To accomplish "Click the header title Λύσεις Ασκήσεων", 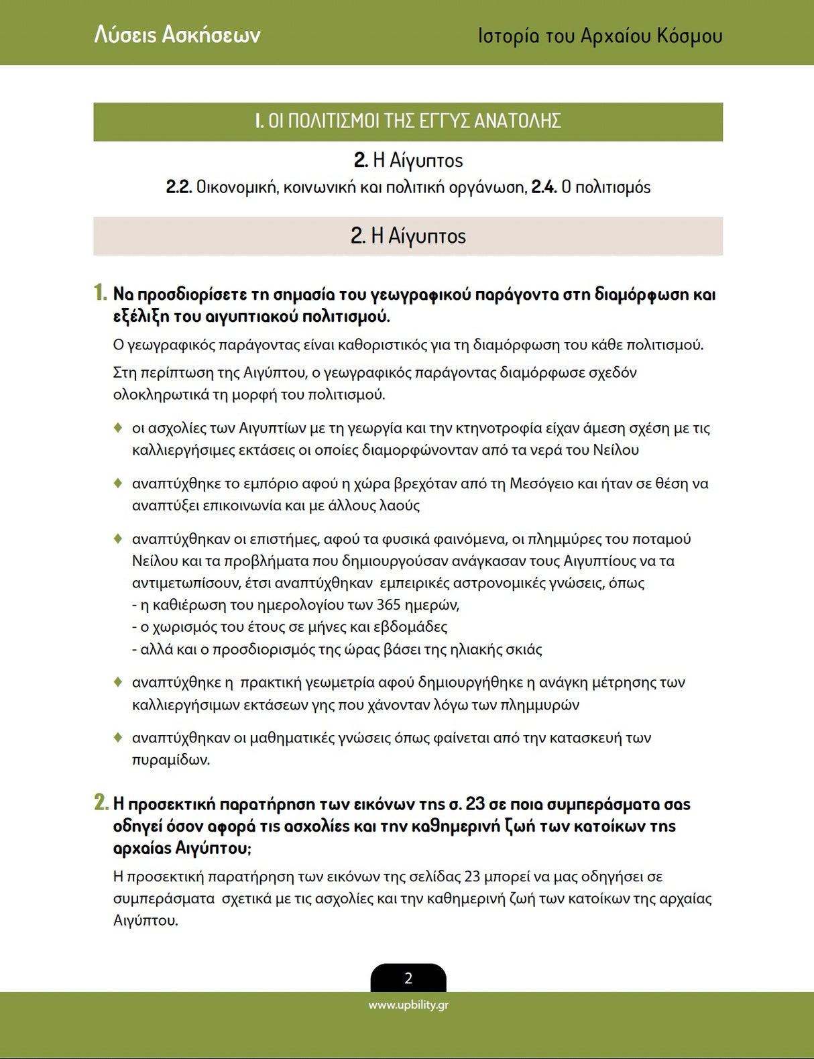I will point(177,34).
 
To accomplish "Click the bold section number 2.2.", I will point(179,187).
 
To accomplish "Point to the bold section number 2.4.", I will point(544,187).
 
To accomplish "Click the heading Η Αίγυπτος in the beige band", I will point(418,236).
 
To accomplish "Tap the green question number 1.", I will point(100,293).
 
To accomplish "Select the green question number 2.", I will point(101,803).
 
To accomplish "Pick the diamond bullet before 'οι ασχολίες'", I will point(118,427).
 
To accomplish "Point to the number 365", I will point(388,605).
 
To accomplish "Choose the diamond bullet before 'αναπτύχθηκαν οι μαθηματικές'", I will point(118,738).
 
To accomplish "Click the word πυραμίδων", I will point(170,760).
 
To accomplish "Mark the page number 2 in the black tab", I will point(408,979).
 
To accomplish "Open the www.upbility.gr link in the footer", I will point(408,1005).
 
